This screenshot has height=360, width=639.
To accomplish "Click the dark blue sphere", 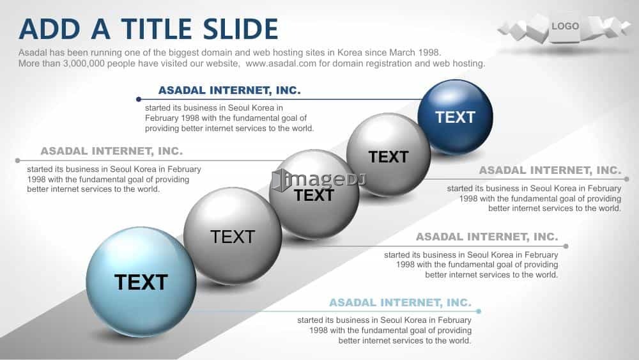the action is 455,117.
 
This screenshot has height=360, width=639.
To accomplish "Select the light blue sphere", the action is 141,282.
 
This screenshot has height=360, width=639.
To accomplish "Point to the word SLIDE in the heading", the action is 240,29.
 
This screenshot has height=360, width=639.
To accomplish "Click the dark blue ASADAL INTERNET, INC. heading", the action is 229,90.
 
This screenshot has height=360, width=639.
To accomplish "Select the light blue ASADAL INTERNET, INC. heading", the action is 400,302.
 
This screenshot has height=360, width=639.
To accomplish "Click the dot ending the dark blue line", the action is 139,99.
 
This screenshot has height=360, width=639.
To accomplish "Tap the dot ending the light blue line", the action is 479,311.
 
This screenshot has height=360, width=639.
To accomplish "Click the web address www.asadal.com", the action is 281,63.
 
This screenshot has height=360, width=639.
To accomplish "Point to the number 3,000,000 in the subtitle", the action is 84,63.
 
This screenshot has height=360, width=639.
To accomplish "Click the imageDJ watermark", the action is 319,180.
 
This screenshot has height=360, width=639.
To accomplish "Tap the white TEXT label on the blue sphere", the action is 455,118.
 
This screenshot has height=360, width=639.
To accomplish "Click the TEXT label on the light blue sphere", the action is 141,282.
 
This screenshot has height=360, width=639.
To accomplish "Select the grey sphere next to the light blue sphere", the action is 233,236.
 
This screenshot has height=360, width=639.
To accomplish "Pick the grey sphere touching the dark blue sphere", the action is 389,154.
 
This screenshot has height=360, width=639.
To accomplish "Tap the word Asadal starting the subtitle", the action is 33,52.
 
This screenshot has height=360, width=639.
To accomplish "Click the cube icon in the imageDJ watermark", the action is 280,180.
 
